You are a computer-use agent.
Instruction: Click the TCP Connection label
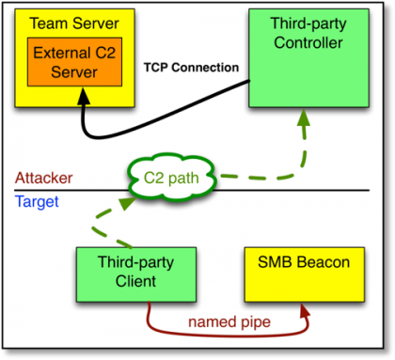click(191, 68)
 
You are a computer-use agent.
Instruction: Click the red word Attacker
click(44, 178)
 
